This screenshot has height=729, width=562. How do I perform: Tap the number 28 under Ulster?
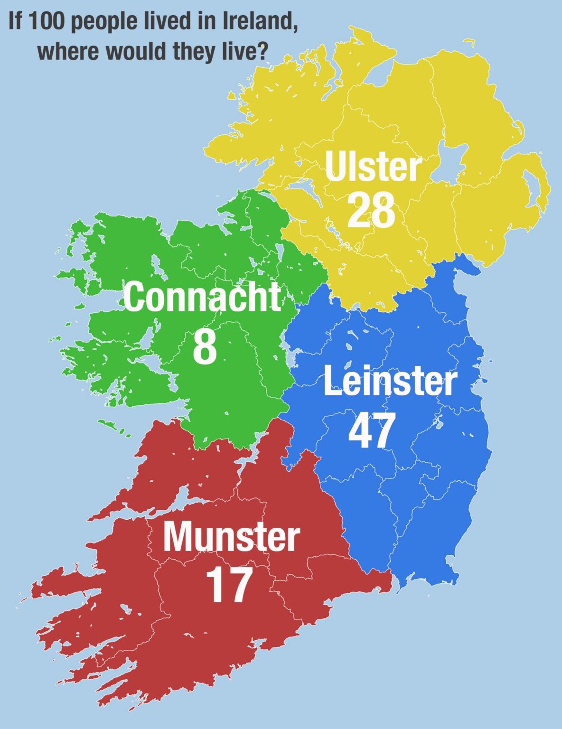click(x=371, y=210)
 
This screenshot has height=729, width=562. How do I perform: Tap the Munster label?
click(x=231, y=537)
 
